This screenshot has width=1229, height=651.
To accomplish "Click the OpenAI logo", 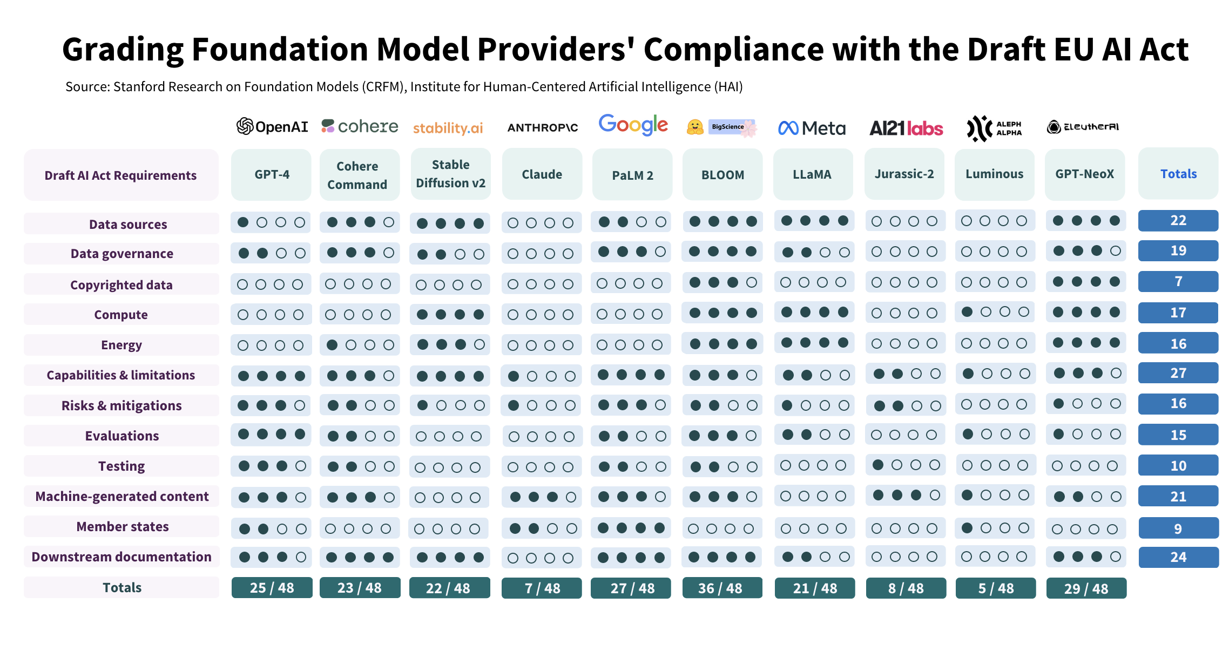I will [272, 127].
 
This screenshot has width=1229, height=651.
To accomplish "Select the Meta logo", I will [812, 128].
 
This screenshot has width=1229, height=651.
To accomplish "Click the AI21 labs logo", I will [906, 128].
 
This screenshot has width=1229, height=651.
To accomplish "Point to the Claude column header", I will [542, 174].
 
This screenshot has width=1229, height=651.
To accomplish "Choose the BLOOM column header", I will [722, 175].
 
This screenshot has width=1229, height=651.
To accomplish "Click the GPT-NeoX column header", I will [1084, 174].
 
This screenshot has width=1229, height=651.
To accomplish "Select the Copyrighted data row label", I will [121, 284].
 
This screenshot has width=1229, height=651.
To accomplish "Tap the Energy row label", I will [121, 345].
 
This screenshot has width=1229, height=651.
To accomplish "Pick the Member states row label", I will [122, 526].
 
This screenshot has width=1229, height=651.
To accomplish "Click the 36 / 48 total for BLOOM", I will [722, 588].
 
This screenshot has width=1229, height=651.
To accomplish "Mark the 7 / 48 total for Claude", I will [542, 588].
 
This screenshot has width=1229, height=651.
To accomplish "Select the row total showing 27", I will [1178, 373].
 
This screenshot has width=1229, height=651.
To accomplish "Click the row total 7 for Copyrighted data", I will [1178, 281].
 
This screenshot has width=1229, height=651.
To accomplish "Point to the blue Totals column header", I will [1178, 174].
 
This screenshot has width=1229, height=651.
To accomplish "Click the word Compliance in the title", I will [734, 50].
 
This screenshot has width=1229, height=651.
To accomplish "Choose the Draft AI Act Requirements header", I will [121, 175].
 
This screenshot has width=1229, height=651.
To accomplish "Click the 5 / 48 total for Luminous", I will [995, 588].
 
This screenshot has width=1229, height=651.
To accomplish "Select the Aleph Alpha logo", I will [994, 128].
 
